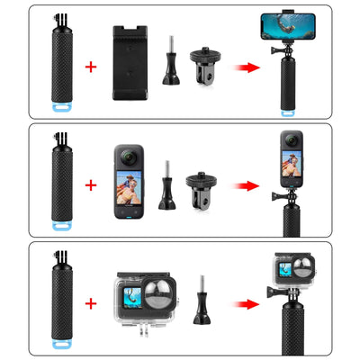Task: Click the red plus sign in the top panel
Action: pyautogui.click(x=91, y=67)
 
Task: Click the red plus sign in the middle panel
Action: pyautogui.click(x=91, y=185)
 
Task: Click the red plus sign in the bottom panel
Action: pyautogui.click(x=91, y=302)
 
